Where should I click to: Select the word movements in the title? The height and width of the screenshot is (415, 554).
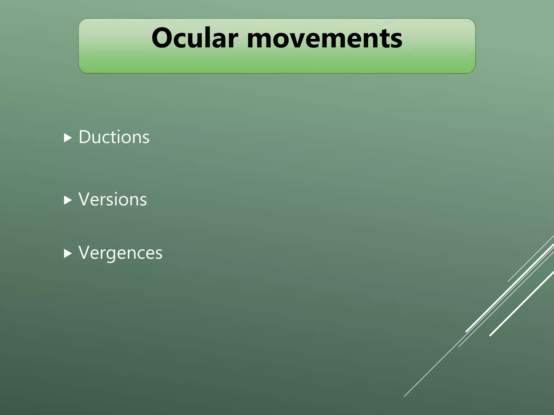tap(324, 38)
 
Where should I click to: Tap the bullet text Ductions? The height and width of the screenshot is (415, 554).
tap(114, 137)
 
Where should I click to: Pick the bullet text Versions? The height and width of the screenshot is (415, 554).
tap(113, 199)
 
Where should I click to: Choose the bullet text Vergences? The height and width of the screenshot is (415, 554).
tap(120, 253)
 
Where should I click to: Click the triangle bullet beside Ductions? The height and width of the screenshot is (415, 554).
tap(68, 138)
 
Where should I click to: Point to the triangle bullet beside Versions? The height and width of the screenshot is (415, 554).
tap(68, 200)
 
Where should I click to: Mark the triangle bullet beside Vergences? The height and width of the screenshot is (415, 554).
tap(68, 253)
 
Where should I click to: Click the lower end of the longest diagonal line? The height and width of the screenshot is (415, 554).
tap(404, 396)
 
